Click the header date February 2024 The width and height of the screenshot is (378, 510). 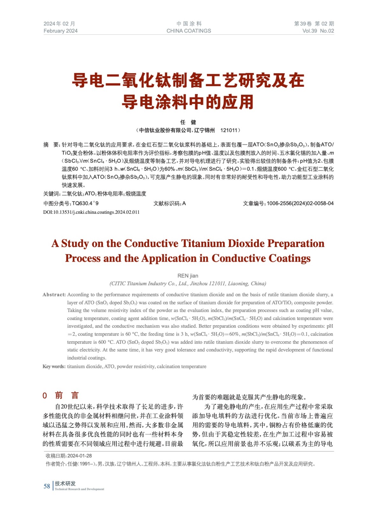pos(61,31)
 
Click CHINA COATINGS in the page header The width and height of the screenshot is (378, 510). pos(189,31)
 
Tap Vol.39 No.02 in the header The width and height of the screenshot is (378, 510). pos(318,31)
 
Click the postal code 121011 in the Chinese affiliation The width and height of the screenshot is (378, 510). pos(229,130)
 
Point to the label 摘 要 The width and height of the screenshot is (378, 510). pos(51,145)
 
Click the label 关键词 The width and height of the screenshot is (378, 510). pos(52,194)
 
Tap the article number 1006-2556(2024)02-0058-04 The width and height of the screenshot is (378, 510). pos(300,203)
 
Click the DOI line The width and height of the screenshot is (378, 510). pos(91,212)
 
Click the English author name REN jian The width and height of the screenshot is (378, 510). pos(188,276)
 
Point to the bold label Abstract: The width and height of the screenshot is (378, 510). pos(54,295)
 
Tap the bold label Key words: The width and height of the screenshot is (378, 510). pos(54,367)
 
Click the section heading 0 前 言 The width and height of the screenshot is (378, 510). pos(61,396)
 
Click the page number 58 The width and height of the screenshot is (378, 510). pos(47,486)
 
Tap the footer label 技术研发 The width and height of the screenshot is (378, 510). pos(65,484)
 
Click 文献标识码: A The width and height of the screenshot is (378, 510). pos(169,203)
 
